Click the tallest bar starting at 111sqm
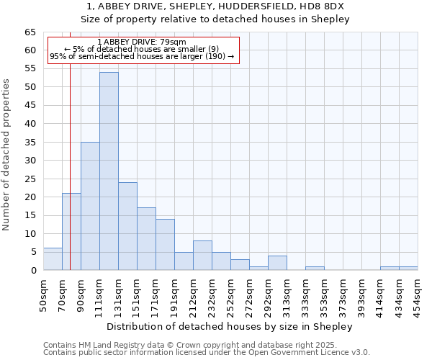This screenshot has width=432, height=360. tap(109, 171)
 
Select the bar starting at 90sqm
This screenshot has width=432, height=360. tap(90, 206)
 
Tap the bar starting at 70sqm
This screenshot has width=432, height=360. tap(71, 232)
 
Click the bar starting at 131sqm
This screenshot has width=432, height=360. tap(127, 226)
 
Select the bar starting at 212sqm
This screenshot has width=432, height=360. tap(202, 256)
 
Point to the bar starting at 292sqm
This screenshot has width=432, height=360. tap(277, 263)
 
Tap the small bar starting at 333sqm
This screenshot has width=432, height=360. tap(315, 269)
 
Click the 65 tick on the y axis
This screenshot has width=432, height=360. tap(30, 32)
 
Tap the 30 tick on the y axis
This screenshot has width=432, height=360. tap(30, 161)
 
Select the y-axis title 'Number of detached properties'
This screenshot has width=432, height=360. tap(6, 155)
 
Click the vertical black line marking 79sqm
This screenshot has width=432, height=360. tap(70, 144)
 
